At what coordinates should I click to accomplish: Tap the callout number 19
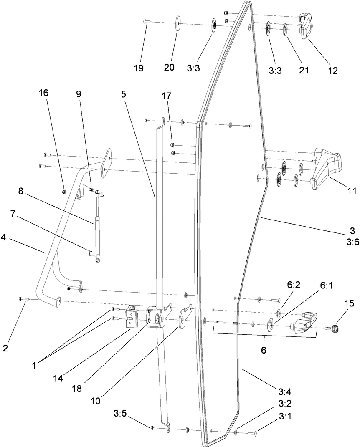pyautogui.click(x=138, y=68)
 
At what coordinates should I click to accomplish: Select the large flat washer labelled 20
pyautogui.click(x=178, y=22)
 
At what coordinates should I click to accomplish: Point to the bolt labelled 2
pyautogui.click(x=23, y=299)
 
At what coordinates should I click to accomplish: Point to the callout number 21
pyautogui.click(x=304, y=69)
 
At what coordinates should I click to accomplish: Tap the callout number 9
pyautogui.click(x=79, y=93)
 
